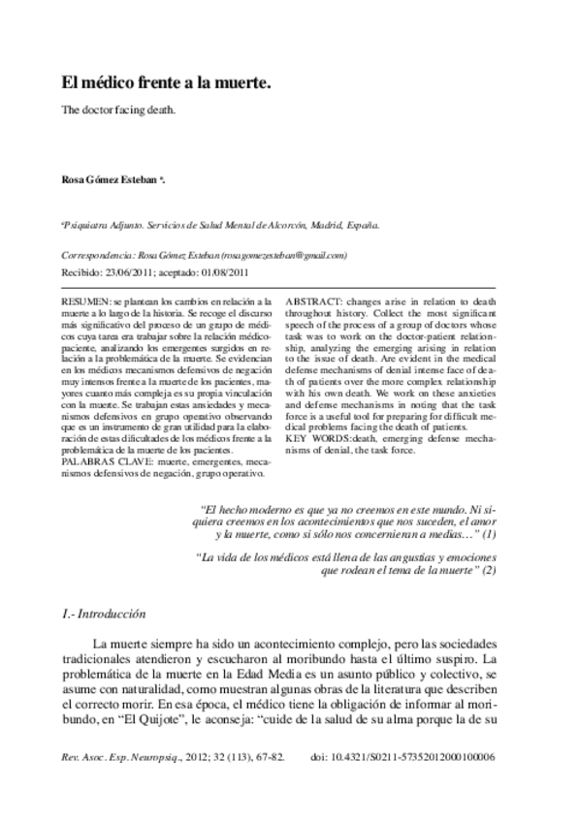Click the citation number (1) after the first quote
491,534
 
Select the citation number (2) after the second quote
491,571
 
